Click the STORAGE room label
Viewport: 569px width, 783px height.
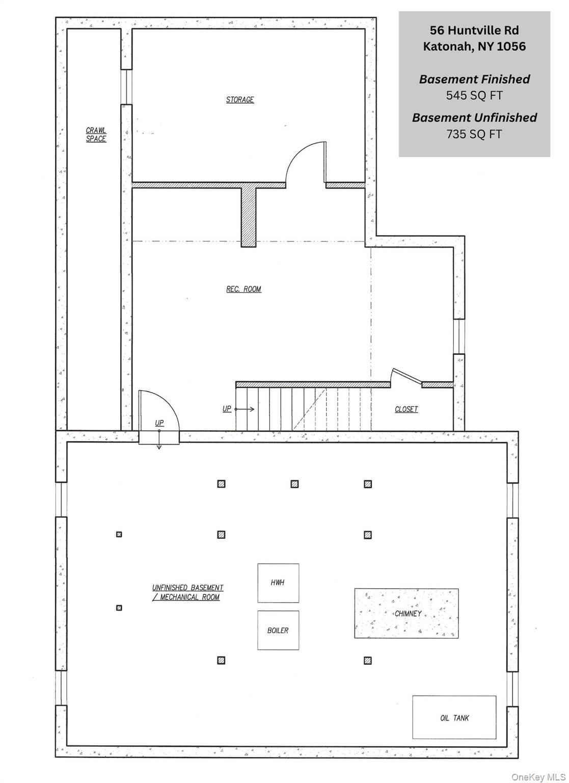[240, 99]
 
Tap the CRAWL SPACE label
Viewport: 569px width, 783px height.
[96, 135]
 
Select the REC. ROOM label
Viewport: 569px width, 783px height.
[243, 289]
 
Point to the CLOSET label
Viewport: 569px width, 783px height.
[406, 409]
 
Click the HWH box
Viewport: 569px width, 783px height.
[278, 583]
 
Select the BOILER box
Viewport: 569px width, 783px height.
[278, 630]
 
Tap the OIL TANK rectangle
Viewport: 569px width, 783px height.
[454, 717]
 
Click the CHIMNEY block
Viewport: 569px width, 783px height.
[407, 613]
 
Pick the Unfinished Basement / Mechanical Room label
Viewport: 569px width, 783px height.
[187, 592]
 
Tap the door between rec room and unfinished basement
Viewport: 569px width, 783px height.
[159, 413]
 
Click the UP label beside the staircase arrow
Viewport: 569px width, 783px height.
[227, 409]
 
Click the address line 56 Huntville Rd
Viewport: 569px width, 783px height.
[474, 30]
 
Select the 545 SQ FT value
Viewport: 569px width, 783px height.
[474, 95]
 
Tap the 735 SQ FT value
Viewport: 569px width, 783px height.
[474, 134]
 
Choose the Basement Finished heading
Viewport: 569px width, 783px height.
[474, 79]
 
